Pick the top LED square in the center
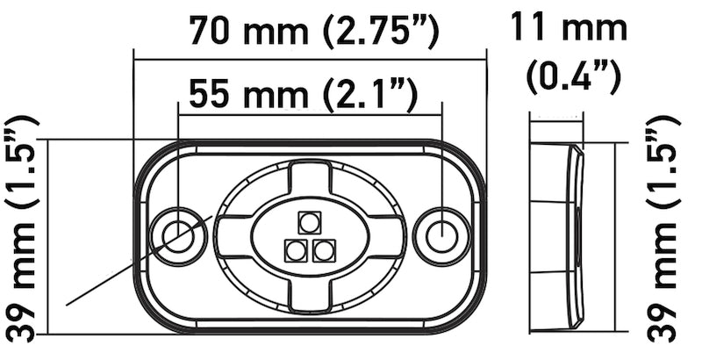pos(309,221)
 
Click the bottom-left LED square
pos(294,251)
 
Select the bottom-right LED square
pos(324,251)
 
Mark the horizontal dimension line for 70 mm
pos(309,59)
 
